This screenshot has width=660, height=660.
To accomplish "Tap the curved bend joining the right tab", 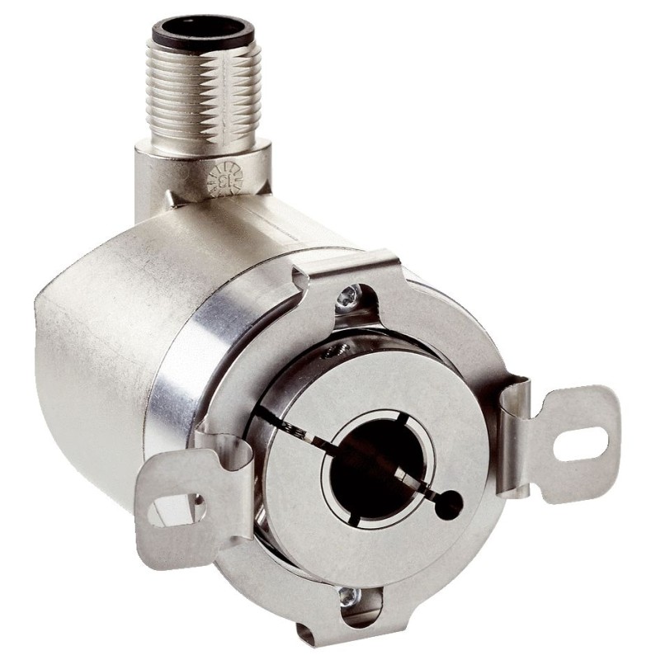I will point(516,404).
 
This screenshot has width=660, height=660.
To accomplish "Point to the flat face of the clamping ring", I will point(412,396).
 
